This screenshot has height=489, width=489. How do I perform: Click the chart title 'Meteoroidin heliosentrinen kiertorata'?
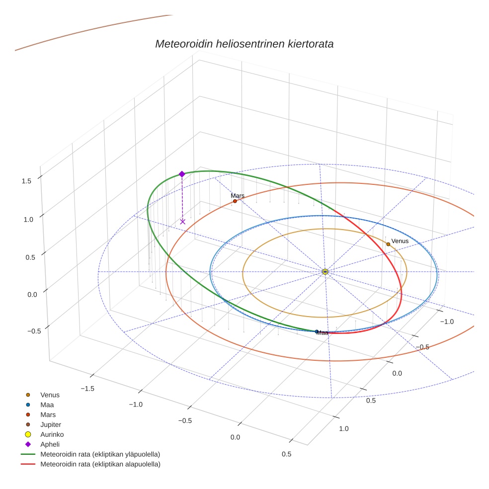tap(244, 44)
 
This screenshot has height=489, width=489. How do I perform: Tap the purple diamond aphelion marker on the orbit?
tap(182, 174)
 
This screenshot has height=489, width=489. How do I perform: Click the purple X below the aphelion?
tap(182, 222)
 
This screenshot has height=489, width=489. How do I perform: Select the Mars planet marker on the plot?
tap(235, 201)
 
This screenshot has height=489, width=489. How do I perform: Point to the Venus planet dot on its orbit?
tap(388, 244)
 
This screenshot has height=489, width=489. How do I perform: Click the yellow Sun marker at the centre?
tap(325, 271)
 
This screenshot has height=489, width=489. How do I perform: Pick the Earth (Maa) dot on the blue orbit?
tap(317, 331)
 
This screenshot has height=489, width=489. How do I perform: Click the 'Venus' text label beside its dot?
tap(400, 241)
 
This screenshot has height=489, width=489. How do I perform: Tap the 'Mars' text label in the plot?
tap(238, 196)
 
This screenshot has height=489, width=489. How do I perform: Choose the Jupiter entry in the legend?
tap(50, 424)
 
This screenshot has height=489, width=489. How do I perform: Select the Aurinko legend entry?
tap(52, 434)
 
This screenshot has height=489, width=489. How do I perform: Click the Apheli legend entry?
tap(50, 444)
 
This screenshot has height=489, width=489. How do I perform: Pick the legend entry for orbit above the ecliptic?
tap(100, 454)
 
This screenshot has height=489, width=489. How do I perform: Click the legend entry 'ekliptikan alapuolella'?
tap(100, 464)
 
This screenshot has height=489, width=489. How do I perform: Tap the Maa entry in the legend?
tap(47, 405)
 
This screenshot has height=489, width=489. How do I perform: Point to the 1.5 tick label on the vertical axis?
tap(27, 181)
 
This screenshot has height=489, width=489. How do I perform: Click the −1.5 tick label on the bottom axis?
tap(87, 388)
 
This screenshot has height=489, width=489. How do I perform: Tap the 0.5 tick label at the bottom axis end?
tap(286, 454)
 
